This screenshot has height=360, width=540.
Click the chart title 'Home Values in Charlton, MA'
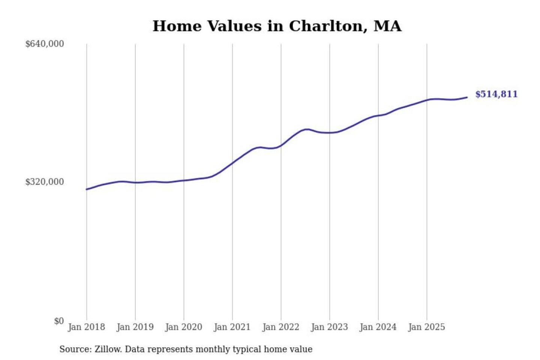(277, 26)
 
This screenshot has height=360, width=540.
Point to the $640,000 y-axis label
(45, 44)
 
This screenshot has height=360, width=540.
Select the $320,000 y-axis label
(45, 182)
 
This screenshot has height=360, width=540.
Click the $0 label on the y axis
(59, 321)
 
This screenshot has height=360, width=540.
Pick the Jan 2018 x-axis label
(87, 327)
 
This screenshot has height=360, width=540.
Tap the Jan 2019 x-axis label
(135, 327)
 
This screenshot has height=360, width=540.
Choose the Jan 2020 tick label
(184, 327)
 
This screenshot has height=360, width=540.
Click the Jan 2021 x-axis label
(232, 327)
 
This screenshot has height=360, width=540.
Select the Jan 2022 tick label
(281, 327)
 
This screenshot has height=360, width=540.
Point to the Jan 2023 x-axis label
(330, 327)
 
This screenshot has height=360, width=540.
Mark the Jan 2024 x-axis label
(378, 327)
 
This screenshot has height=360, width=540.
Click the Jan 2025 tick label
(427, 327)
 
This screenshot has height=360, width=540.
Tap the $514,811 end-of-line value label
(496, 94)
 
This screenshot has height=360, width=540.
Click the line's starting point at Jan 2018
(87, 189)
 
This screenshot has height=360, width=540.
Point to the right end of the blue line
(467, 97)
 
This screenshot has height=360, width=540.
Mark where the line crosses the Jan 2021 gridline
(232, 162)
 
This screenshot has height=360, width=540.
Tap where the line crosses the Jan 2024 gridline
(378, 115)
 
